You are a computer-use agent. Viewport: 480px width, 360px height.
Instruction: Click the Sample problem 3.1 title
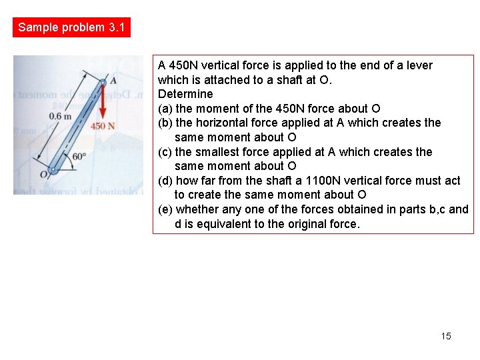coord(71,27)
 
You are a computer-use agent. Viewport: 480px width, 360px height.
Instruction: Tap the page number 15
coord(446,336)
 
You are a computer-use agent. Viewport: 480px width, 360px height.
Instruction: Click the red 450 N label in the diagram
coord(103,126)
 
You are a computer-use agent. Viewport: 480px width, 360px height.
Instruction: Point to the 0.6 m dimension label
coord(60,115)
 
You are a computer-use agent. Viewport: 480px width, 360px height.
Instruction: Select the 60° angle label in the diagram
coord(79,157)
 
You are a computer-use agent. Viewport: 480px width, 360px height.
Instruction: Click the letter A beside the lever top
coord(113,80)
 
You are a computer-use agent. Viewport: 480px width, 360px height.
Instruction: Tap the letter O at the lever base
coord(43,174)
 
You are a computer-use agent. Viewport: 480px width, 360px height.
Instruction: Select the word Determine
coord(185,94)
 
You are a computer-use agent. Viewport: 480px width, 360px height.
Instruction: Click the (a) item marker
coord(165,109)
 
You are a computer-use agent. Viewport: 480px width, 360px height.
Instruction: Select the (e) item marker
coord(165,209)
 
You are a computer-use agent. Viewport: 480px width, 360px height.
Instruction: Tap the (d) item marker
coord(165,181)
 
